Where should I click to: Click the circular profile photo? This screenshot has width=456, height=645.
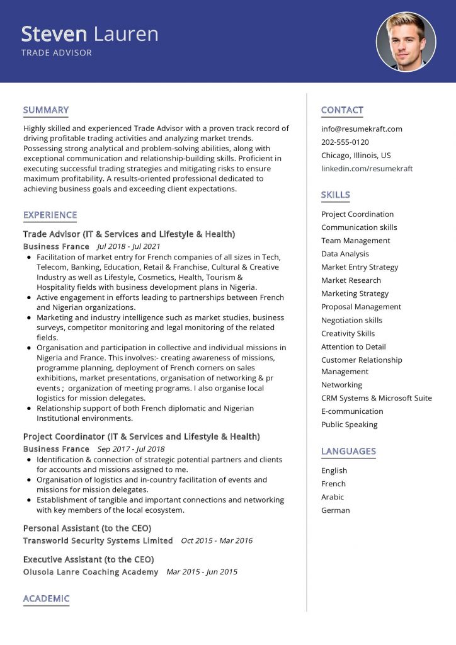[x=406, y=42]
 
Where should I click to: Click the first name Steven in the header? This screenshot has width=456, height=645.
[x=54, y=33]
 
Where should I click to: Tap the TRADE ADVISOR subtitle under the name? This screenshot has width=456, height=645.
[x=57, y=53]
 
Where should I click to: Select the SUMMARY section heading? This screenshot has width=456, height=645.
[x=46, y=110]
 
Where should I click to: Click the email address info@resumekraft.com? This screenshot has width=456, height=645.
[x=362, y=129]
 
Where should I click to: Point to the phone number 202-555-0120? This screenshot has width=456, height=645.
[x=345, y=142]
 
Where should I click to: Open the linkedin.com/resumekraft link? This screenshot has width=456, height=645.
[x=367, y=169]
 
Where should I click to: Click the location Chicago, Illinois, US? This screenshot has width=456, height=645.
[x=356, y=156]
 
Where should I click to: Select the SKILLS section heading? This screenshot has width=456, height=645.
[x=335, y=195]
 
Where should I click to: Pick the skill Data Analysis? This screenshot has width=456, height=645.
[x=345, y=254]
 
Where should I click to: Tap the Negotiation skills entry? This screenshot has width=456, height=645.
[x=351, y=320]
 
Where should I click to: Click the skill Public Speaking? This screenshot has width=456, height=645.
[x=349, y=425]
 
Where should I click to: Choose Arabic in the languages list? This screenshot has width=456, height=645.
[x=333, y=497]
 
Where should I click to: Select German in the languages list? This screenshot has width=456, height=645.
[x=335, y=510]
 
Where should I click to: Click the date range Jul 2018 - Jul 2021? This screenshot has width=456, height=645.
[x=128, y=246]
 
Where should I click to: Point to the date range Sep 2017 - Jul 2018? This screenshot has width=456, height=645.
[x=131, y=449]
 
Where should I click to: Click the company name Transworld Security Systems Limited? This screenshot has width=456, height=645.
[x=98, y=540]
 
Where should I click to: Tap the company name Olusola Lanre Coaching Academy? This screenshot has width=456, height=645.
[x=91, y=572]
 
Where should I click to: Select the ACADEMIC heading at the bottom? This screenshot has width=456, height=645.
[x=46, y=598]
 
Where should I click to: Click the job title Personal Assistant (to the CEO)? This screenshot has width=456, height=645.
[x=87, y=528]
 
